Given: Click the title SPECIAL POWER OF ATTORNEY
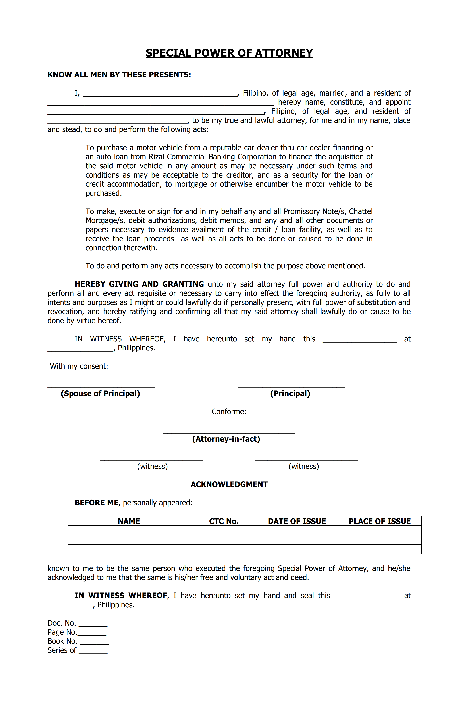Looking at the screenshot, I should coord(229,53).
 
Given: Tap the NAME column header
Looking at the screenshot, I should coord(129,521).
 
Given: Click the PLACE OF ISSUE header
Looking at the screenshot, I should coord(379,521).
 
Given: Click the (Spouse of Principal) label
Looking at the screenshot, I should coord(100,393).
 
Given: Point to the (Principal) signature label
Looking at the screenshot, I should coord(290,393).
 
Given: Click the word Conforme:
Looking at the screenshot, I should coord(229,411).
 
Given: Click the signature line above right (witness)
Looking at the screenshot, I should coord(306,460).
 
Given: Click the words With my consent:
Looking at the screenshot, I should coord(79,366).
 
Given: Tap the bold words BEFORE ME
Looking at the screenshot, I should coord(97,503).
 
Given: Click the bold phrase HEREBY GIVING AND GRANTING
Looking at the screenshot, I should coord(139,284).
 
